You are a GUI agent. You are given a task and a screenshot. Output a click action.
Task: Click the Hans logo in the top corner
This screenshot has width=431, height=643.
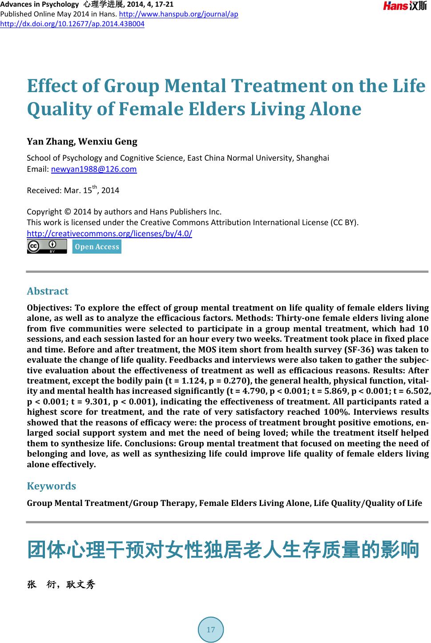[x=405, y=6]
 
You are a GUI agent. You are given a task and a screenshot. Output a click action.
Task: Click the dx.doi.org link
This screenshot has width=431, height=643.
[x=72, y=24]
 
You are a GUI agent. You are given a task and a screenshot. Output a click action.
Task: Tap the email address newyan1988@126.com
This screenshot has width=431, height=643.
[x=94, y=169]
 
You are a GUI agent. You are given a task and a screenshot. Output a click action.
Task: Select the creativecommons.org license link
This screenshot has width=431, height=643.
[x=109, y=234]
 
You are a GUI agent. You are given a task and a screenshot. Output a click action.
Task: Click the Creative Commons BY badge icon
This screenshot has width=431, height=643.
[x=47, y=246]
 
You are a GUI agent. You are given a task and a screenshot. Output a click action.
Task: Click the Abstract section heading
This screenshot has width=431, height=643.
[x=48, y=291]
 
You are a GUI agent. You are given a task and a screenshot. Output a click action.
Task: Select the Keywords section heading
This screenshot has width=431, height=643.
[x=51, y=485]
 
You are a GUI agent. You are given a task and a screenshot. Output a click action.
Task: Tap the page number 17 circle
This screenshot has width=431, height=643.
[x=211, y=629]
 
